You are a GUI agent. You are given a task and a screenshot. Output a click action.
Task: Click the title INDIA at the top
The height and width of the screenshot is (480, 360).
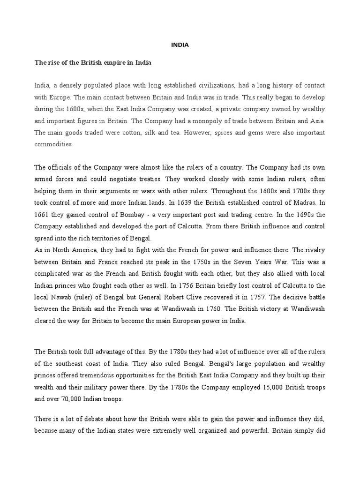click(180, 45)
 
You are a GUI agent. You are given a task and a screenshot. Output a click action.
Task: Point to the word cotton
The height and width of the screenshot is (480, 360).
click(127, 132)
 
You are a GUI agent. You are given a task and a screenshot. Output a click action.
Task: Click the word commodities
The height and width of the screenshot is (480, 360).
click(54, 144)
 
